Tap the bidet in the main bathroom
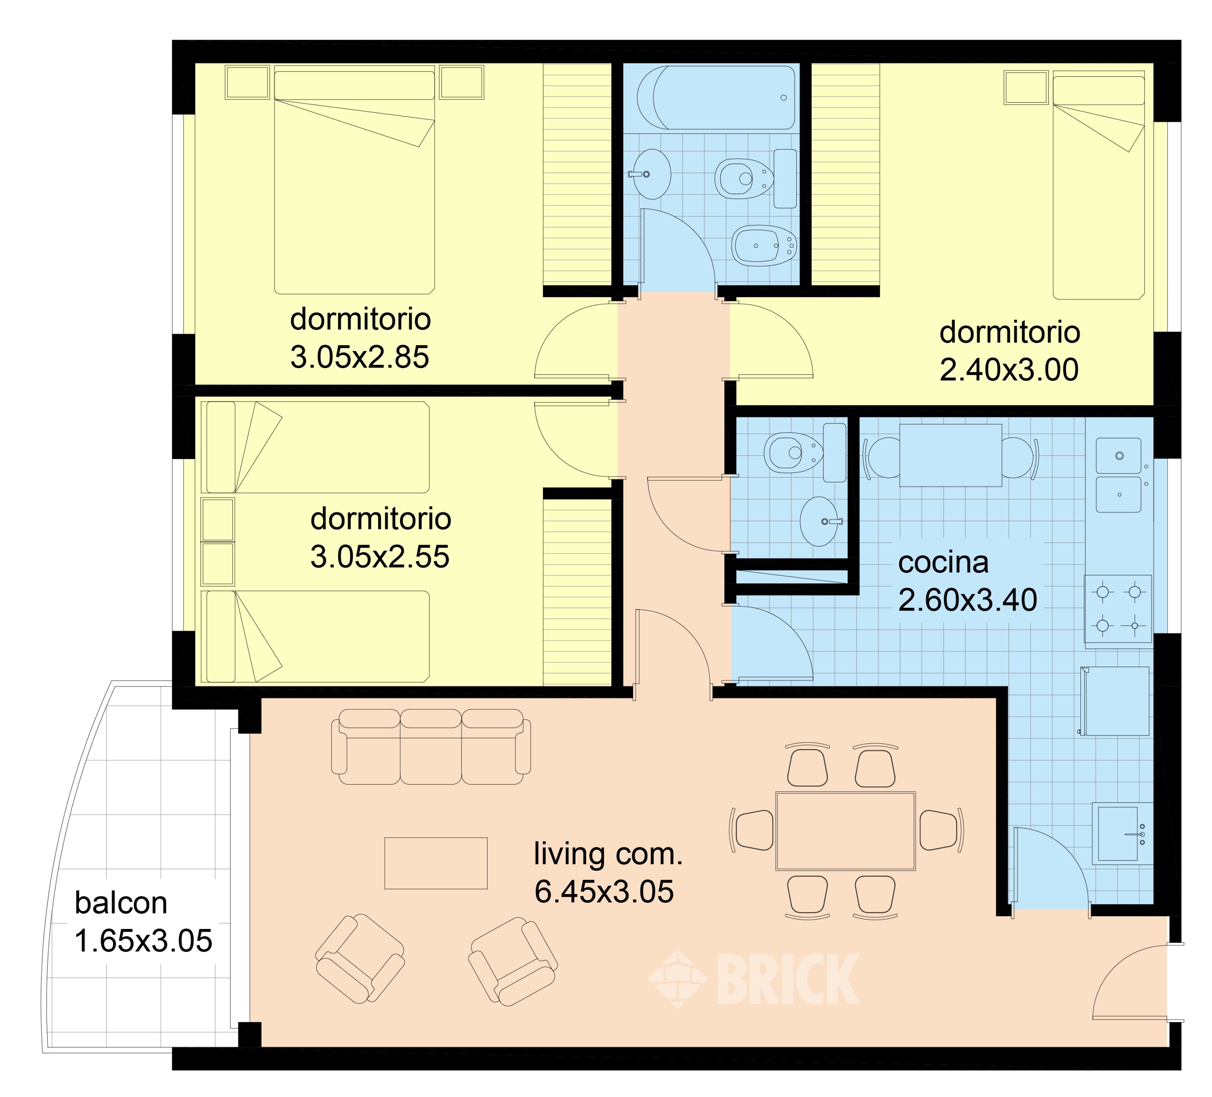[x=764, y=245]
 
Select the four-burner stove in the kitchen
[x=1118, y=609]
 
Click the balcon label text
[x=121, y=903]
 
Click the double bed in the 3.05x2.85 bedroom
[x=355, y=179]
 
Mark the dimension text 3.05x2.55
[x=380, y=556]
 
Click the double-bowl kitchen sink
[x=1118, y=475]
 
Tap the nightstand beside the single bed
[x=1026, y=88]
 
